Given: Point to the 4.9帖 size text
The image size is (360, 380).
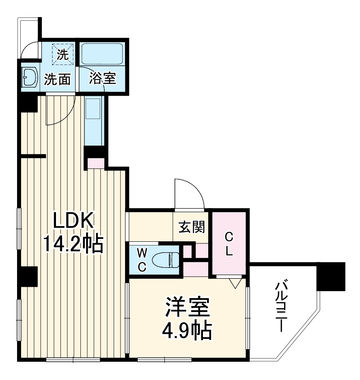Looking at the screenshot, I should pos(188,332).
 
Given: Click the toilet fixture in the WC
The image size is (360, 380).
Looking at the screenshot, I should pos(168,259).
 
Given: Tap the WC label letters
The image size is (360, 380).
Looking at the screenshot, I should pos(142,260).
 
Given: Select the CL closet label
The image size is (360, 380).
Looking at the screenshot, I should pos(229,243).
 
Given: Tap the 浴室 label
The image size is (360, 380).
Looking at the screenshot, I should pos(103,78).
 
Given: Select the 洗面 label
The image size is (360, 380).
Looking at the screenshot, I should pos(57,79).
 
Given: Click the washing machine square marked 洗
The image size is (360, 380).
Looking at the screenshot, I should pos(63,54).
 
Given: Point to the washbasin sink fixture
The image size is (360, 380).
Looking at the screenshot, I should pos(30,77).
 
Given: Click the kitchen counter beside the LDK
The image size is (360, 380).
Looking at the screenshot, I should pos(94,120).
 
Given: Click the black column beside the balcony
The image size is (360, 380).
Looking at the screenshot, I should pos(331,276).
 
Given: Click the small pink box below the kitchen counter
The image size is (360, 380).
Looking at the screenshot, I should pos(96,163).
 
